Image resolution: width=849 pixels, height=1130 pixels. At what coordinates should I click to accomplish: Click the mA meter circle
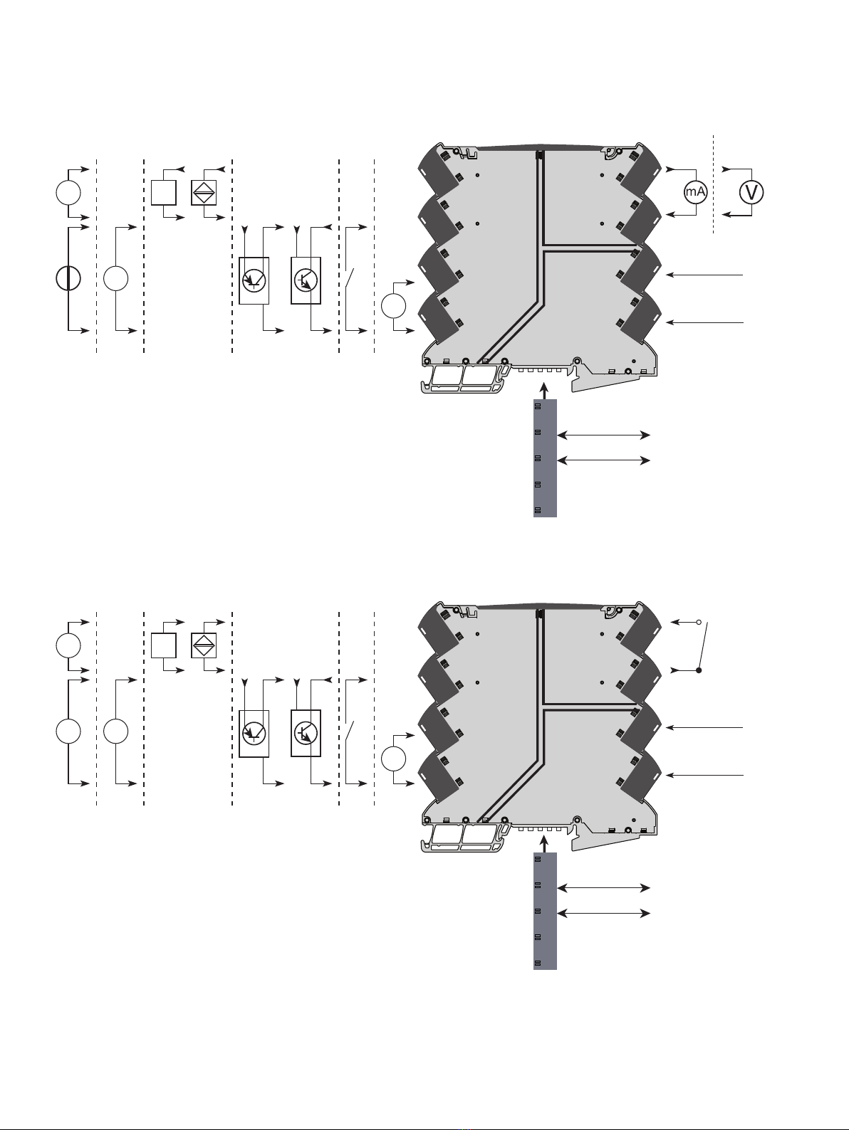click(x=695, y=193)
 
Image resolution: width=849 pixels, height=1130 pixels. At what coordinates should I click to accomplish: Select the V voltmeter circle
click(x=751, y=193)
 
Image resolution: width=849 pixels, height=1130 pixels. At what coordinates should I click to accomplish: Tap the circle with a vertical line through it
click(x=68, y=278)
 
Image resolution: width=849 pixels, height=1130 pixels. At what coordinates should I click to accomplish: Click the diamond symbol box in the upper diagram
click(x=204, y=193)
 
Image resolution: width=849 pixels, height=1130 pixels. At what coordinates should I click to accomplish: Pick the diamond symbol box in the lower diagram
click(x=204, y=645)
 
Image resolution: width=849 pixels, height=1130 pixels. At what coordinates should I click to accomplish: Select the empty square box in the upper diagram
click(x=163, y=193)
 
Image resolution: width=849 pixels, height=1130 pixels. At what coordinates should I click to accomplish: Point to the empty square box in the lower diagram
click(x=163, y=645)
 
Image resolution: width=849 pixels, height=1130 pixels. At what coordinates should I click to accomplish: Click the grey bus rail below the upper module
click(x=545, y=458)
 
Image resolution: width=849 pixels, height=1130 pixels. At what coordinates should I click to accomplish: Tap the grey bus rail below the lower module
click(x=545, y=911)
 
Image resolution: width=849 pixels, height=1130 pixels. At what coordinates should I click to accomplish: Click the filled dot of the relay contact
click(x=699, y=670)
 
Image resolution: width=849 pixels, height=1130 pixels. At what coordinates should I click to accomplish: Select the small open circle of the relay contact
click(x=699, y=623)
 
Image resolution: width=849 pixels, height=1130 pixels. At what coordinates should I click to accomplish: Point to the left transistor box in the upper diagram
click(x=254, y=280)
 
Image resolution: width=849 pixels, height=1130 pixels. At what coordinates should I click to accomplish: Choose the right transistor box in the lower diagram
click(x=306, y=733)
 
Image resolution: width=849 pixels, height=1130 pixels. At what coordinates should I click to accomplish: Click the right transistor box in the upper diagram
click(x=306, y=280)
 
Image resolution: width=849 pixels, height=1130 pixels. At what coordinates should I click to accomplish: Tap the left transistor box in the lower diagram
click(x=254, y=733)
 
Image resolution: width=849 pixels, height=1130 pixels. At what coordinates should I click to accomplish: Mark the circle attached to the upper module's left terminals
click(x=394, y=306)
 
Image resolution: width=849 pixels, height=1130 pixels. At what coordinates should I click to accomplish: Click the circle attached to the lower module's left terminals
click(x=394, y=759)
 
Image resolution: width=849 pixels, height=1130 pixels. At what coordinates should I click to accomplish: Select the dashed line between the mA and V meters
click(x=714, y=184)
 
